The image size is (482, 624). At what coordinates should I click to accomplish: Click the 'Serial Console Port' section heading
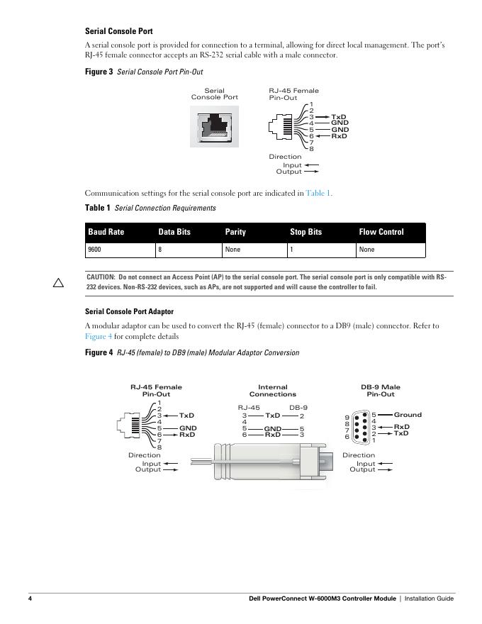tap(118, 31)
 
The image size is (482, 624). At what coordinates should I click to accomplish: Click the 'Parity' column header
tap(235, 232)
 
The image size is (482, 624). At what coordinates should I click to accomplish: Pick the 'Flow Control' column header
tap(381, 232)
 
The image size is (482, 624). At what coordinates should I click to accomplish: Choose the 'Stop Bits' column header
tap(306, 232)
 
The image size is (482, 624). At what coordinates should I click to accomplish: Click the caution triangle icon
tap(59, 283)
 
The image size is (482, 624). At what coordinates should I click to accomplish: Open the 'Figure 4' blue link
tap(99, 336)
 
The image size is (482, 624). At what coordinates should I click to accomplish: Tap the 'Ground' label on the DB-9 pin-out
tap(408, 415)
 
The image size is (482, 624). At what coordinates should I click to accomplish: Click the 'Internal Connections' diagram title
tap(273, 391)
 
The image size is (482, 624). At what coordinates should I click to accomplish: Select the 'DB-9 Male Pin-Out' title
tap(381, 391)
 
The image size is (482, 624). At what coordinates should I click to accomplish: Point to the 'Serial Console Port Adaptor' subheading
tap(129, 311)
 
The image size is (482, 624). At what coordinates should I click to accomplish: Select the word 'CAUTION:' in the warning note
tap(101, 277)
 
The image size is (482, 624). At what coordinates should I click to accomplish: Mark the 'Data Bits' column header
tap(174, 232)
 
